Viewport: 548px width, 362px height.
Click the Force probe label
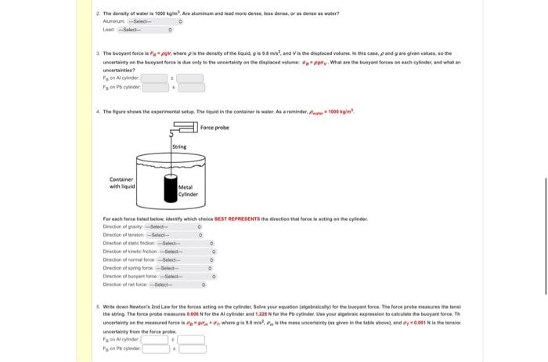pos(215,127)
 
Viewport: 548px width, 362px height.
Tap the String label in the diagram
pos(180,147)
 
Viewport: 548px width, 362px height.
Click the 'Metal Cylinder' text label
pos(189,190)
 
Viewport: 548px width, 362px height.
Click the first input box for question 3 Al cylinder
pos(153,78)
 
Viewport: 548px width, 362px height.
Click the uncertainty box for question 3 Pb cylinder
pos(191,86)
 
